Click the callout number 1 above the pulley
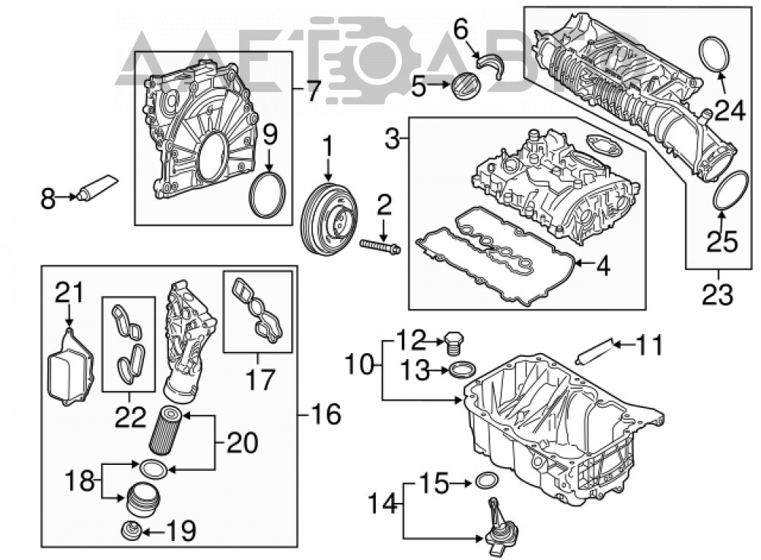(x=328, y=147)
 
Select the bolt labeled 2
(x=380, y=246)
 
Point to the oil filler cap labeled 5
(x=463, y=85)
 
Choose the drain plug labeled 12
(x=454, y=344)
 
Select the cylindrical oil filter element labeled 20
(x=166, y=431)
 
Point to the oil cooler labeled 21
(x=70, y=367)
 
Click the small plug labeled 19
(x=132, y=531)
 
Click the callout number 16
(x=326, y=415)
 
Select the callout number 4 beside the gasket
(x=603, y=266)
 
